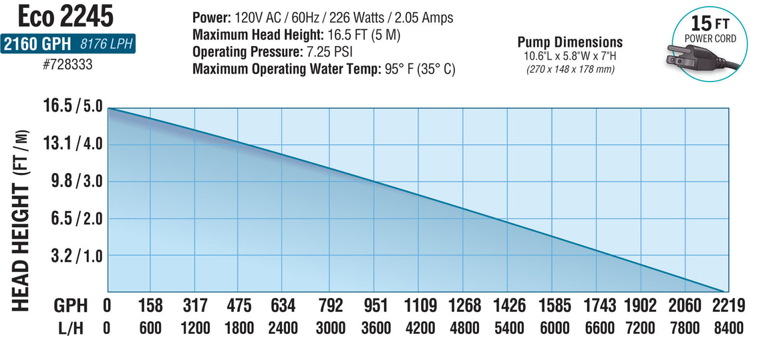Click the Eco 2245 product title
click(66, 16)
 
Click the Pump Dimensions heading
click(570, 42)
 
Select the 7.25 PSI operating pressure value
click(329, 51)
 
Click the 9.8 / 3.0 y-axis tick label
click(73, 182)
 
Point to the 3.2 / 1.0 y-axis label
click(73, 256)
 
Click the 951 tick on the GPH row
click(375, 306)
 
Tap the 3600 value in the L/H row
click(375, 328)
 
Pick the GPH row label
click(71, 306)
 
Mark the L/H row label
click(71, 328)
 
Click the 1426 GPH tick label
click(510, 306)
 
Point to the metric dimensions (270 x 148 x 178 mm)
click(570, 68)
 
